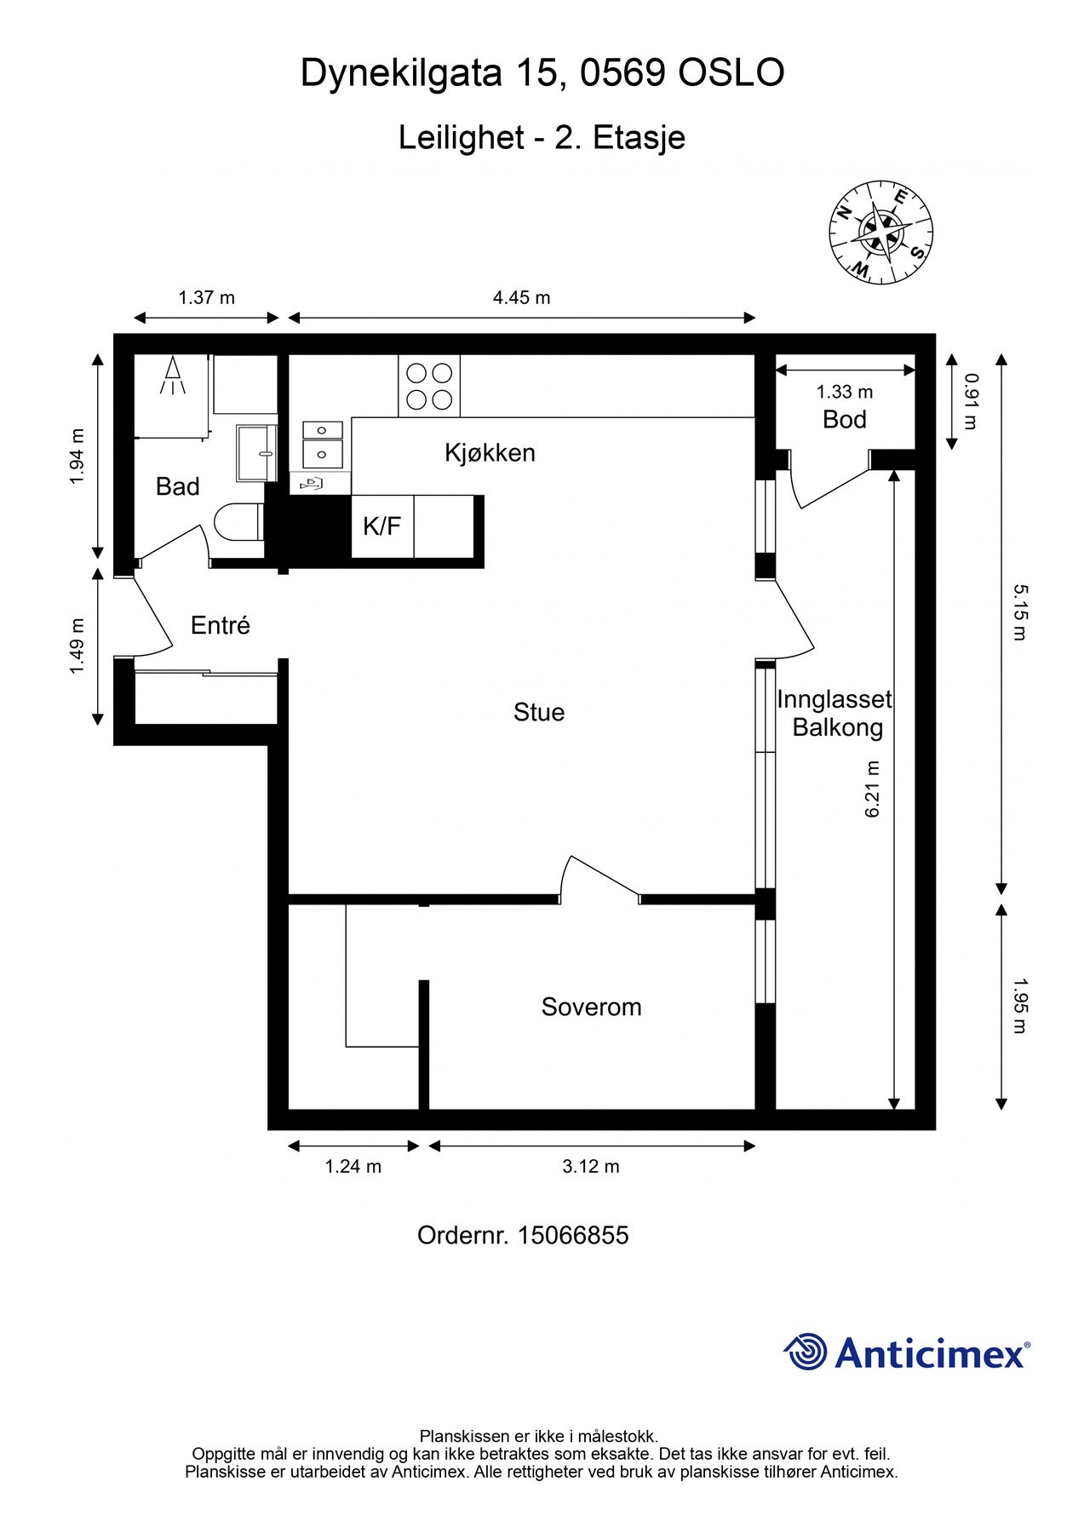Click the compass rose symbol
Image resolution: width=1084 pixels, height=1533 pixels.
point(880,233)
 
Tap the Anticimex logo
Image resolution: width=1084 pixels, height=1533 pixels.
point(907,1352)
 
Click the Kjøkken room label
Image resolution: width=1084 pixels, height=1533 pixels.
point(490,452)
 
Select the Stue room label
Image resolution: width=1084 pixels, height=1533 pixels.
point(539,712)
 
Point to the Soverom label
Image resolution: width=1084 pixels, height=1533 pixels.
point(591,1007)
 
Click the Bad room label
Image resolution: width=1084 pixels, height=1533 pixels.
point(177,486)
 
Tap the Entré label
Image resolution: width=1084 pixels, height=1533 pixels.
point(221,625)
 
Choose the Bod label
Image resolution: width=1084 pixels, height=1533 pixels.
point(845,419)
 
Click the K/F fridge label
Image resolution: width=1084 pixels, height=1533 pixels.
point(381,526)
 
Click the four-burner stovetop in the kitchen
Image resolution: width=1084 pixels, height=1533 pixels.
point(429,386)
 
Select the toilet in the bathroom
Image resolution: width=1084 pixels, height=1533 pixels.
point(238,522)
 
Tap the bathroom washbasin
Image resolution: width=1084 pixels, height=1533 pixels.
point(257,453)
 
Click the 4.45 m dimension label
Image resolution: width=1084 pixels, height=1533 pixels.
point(522,297)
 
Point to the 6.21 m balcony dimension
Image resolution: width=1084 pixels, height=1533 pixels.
point(872,789)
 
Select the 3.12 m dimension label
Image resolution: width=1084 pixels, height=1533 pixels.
point(591,1166)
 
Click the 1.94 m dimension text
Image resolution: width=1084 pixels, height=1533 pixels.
point(77,456)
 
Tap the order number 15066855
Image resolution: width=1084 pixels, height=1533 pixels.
point(573,1235)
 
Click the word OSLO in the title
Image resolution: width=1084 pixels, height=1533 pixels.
point(731,73)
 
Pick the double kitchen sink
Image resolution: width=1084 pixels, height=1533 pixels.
point(323,444)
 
